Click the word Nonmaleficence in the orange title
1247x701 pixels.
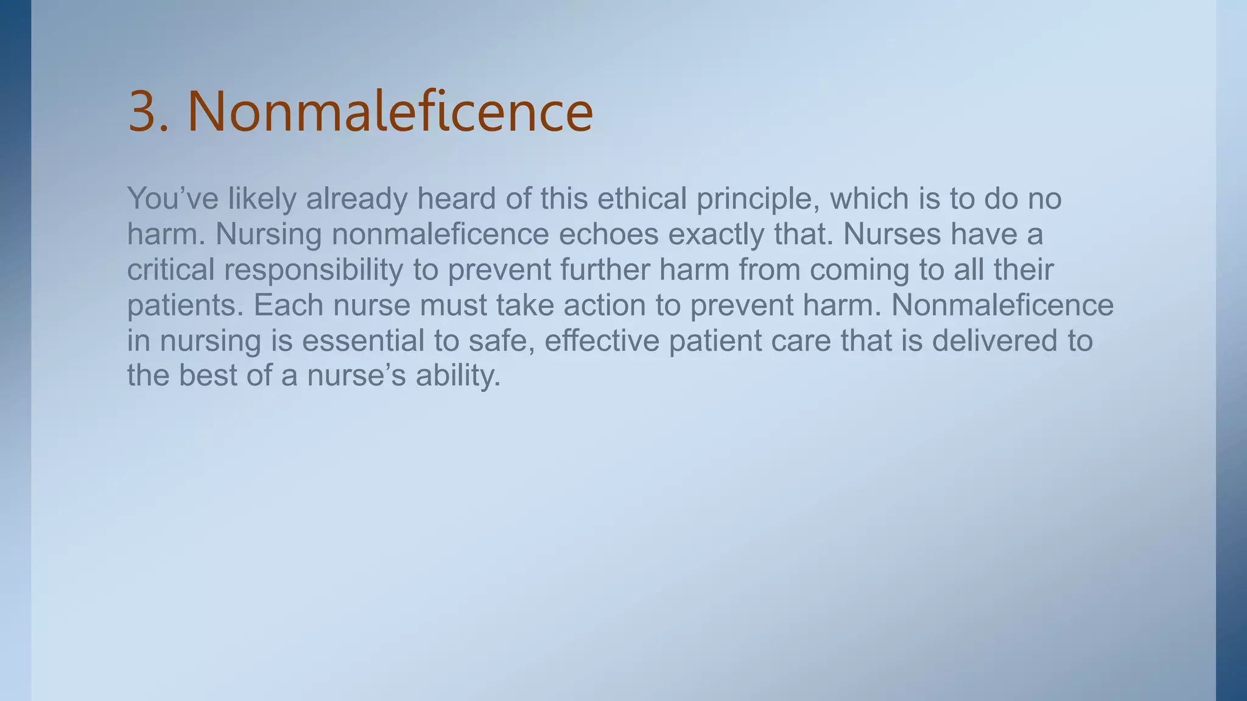(x=390, y=112)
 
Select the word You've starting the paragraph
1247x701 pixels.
(x=172, y=198)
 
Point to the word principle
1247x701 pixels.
(x=757, y=200)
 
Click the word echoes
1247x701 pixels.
(x=608, y=234)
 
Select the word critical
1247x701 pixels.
(x=170, y=270)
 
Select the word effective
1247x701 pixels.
(x=602, y=340)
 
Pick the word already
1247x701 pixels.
(x=356, y=200)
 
